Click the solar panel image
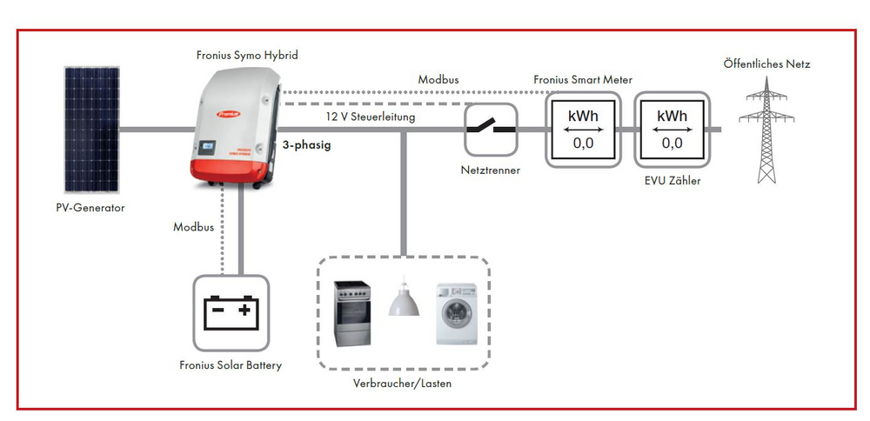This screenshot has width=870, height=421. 91,130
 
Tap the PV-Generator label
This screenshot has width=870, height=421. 90,208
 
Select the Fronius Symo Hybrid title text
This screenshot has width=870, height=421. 247,55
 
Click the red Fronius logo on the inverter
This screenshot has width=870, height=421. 229,114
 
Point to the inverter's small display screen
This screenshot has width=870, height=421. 207,147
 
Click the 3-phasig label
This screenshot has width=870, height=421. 306,146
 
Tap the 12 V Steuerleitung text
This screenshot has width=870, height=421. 370,117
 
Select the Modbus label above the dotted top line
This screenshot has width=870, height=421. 438,80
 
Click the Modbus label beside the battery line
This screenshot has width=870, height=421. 193,227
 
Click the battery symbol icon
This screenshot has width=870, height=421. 231,313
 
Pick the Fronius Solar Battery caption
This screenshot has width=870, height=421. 231,365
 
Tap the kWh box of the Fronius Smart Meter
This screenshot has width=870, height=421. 583,130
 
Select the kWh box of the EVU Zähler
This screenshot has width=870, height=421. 672,130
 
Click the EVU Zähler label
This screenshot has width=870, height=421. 672,180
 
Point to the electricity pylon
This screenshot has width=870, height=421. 766,130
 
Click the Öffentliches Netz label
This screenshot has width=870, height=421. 766,63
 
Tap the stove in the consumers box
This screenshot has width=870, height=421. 351,313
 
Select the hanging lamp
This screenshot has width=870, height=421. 404,297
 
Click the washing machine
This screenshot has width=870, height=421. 456,313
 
